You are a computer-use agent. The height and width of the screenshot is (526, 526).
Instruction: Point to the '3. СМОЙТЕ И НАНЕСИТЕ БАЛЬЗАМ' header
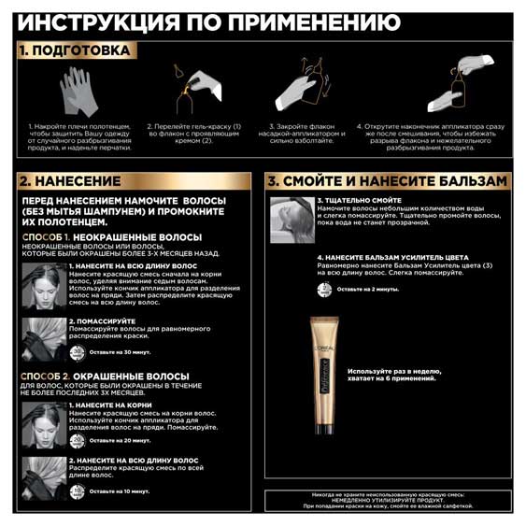coord(387,180)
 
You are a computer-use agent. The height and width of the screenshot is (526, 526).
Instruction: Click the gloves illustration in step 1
coord(78,91)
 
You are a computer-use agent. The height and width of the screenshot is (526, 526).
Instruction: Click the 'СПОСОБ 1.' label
coord(44,238)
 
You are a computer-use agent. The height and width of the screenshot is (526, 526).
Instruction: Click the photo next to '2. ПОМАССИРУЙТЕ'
coord(43,335)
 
